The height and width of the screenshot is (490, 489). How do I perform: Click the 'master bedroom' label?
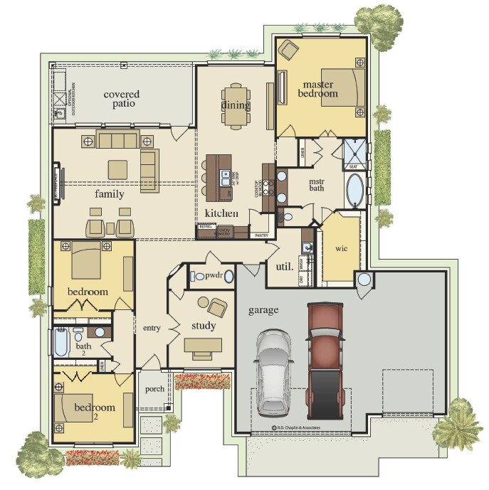[x=317, y=88]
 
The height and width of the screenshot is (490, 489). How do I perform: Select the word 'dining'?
[x=236, y=106]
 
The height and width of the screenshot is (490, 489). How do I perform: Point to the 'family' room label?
[x=110, y=193]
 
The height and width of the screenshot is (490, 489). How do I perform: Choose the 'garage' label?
[x=263, y=310]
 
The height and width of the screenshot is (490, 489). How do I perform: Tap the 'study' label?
[x=204, y=326]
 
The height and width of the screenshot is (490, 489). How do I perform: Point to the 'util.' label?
[x=285, y=267]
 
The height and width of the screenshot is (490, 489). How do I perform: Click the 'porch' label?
[x=154, y=389]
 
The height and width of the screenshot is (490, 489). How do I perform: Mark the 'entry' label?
[x=152, y=328]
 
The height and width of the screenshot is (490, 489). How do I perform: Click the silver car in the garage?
[x=274, y=372]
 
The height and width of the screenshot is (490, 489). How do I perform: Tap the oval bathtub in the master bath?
[x=354, y=191]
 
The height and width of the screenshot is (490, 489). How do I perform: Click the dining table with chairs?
[x=236, y=107]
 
